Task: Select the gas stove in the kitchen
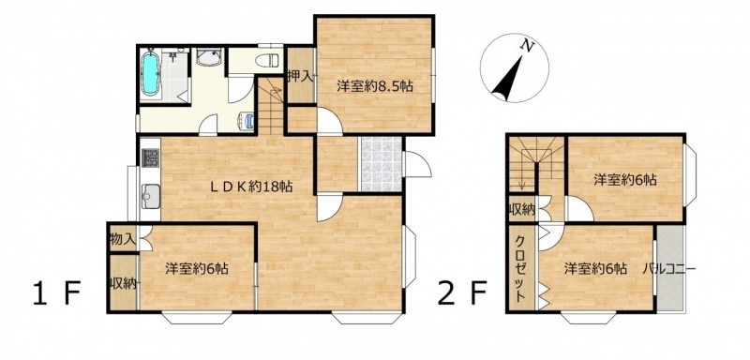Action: (x=151, y=157)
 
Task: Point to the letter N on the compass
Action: (x=527, y=46)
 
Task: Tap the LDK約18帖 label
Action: (x=251, y=187)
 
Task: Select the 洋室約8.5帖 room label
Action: (x=375, y=87)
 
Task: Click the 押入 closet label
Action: (x=300, y=76)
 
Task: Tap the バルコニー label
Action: (x=669, y=269)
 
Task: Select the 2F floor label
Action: (x=462, y=292)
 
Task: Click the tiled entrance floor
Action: (x=381, y=164)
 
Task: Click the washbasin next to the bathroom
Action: (x=209, y=57)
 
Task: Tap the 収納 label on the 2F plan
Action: (x=521, y=209)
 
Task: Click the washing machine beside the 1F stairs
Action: (x=246, y=121)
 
